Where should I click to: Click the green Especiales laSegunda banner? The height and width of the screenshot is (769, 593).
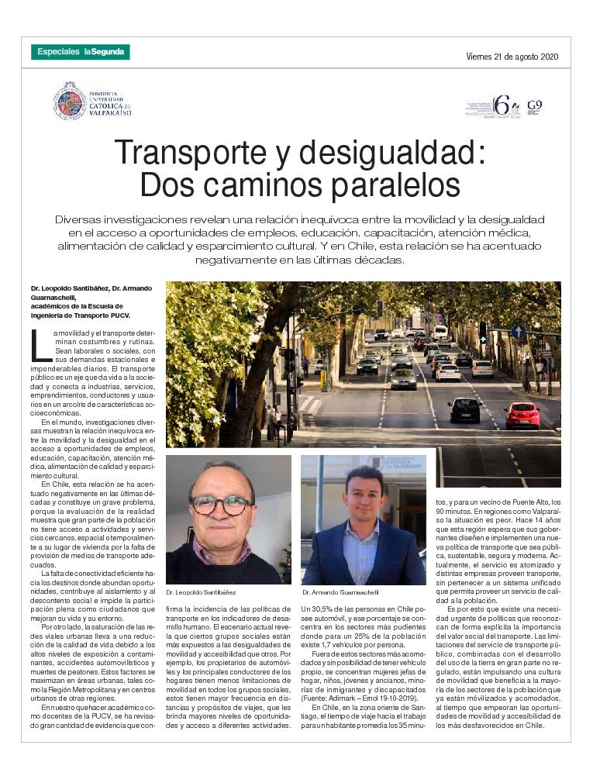point(81,52)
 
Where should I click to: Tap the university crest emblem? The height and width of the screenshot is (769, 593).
point(69,101)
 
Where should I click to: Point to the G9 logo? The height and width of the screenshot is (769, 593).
point(534,105)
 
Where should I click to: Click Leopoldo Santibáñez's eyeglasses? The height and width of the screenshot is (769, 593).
point(222,504)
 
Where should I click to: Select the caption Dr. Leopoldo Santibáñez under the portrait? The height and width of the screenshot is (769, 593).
point(201,591)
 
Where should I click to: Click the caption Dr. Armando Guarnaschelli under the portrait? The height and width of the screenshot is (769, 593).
point(341,591)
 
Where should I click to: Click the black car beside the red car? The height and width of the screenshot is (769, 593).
point(465,409)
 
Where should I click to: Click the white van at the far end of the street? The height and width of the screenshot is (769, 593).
point(440,332)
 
